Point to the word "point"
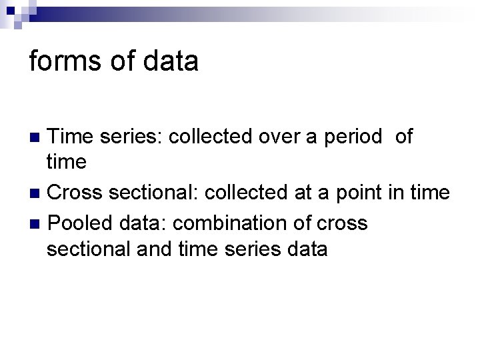pyautogui.click(x=359, y=193)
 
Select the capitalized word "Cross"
pyautogui.click(x=75, y=193)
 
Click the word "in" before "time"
pyautogui.click(x=397, y=193)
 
